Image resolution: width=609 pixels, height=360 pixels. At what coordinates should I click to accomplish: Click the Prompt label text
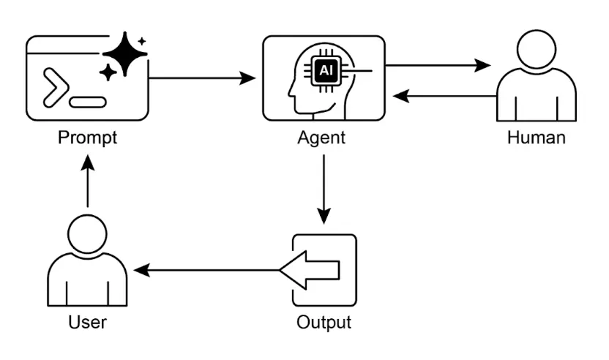(87, 138)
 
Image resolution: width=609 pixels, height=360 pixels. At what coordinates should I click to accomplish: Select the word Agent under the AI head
(323, 138)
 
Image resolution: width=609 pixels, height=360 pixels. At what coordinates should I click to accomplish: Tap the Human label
(536, 138)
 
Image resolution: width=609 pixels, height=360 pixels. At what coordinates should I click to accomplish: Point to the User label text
(87, 322)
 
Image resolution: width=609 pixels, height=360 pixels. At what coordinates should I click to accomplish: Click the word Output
(324, 322)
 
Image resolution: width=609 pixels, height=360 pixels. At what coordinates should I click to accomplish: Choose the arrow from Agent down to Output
(323, 190)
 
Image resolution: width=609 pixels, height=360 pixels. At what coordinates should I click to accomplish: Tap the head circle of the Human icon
(536, 55)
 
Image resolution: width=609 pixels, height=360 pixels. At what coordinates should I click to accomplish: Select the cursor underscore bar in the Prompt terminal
(89, 101)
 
